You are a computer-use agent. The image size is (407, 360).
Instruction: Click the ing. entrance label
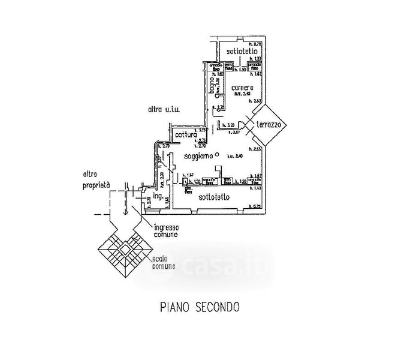[x=158, y=196]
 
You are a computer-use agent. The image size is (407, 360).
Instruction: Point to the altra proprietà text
[x=96, y=181]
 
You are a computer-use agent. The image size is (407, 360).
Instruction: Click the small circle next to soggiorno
[x=217, y=154]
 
